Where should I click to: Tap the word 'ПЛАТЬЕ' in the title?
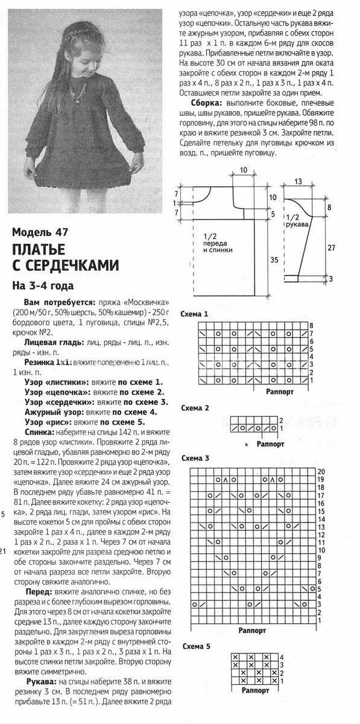tap(42, 249)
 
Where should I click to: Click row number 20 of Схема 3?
tap(321, 471)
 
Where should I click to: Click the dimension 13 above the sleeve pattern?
tap(298, 181)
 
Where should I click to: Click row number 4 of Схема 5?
tap(280, 656)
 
